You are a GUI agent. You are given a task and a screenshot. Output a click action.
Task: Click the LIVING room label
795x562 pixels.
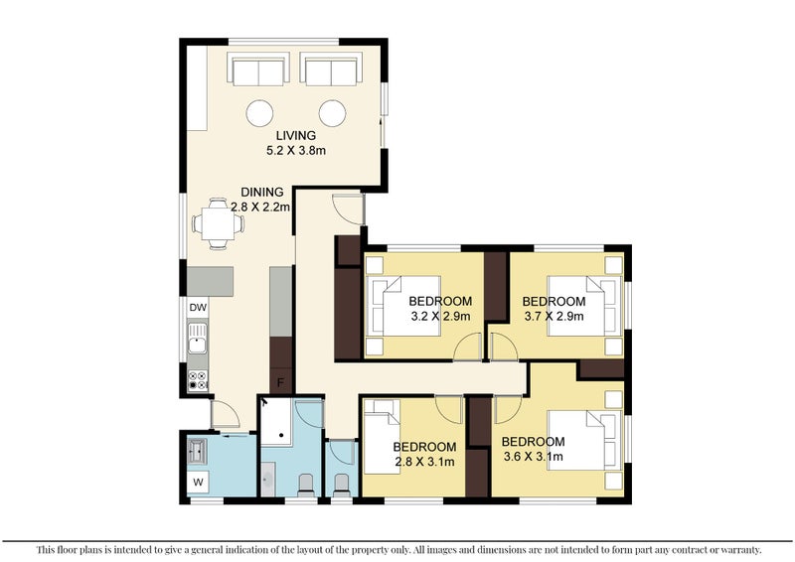coord(296,135)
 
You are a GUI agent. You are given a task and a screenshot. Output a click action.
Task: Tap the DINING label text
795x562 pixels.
coord(261,192)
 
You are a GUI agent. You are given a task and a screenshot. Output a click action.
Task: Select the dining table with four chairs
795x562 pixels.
coord(218,223)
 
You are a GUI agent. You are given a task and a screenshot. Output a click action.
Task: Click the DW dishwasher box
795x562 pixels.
coord(198,307)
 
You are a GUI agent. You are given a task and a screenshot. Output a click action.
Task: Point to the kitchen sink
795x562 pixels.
coord(197,338)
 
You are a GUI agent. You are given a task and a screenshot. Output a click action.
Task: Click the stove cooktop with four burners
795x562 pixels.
coord(198,380)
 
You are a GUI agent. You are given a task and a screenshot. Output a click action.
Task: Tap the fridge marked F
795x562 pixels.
coord(280,381)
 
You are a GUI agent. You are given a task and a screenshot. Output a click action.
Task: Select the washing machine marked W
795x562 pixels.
coord(198,482)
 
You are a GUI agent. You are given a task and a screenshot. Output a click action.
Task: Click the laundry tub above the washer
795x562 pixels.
coord(197,451)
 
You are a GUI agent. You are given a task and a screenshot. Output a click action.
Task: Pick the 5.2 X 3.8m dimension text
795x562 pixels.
coord(296,151)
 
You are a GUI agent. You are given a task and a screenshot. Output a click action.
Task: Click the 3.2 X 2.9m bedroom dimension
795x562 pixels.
coord(440,317)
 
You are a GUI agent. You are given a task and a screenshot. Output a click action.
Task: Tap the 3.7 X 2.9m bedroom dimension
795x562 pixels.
coord(554,317)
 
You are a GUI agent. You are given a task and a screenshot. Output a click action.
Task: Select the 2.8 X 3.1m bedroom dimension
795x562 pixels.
coord(424,462)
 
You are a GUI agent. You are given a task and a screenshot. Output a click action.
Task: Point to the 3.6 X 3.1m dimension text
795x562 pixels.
coord(533,457)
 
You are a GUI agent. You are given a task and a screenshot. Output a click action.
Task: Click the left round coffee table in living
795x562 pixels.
coord(259,113)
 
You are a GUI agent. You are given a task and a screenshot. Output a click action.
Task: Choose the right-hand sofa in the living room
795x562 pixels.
coord(331,69)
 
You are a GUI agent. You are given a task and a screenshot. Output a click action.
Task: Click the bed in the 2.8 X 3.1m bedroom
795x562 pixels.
coord(383,437)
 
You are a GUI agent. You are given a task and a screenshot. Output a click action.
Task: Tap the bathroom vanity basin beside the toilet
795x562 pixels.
coord(267,479)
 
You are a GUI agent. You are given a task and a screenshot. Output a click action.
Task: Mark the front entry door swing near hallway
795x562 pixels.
coord(349,208)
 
